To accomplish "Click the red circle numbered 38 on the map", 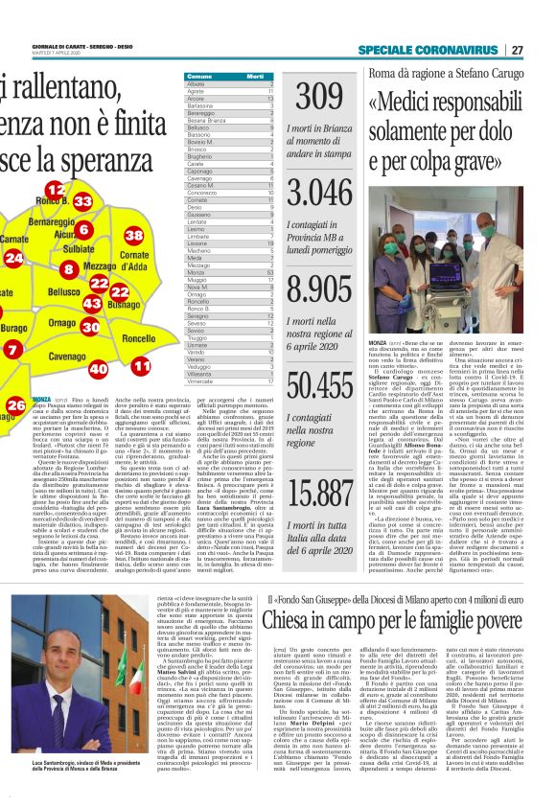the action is tap(134, 235).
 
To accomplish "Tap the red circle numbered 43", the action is tap(92, 302).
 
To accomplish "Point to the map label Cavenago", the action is tap(67, 356).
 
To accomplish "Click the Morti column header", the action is tap(254, 76).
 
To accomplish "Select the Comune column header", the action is tap(199, 76).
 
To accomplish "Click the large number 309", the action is tap(318, 98).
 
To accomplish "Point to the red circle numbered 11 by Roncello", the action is tap(142, 365).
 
